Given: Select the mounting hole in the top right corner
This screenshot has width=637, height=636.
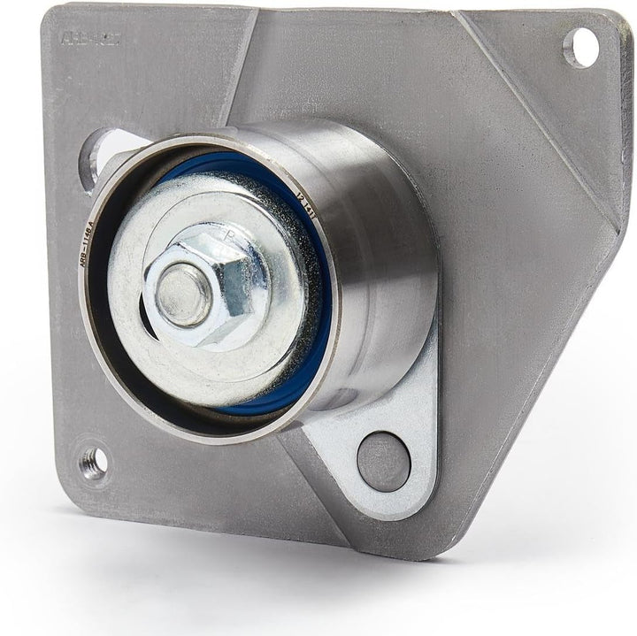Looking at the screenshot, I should pyautogui.click(x=579, y=47).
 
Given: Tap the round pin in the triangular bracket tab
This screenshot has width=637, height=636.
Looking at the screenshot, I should pyautogui.click(x=383, y=461).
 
